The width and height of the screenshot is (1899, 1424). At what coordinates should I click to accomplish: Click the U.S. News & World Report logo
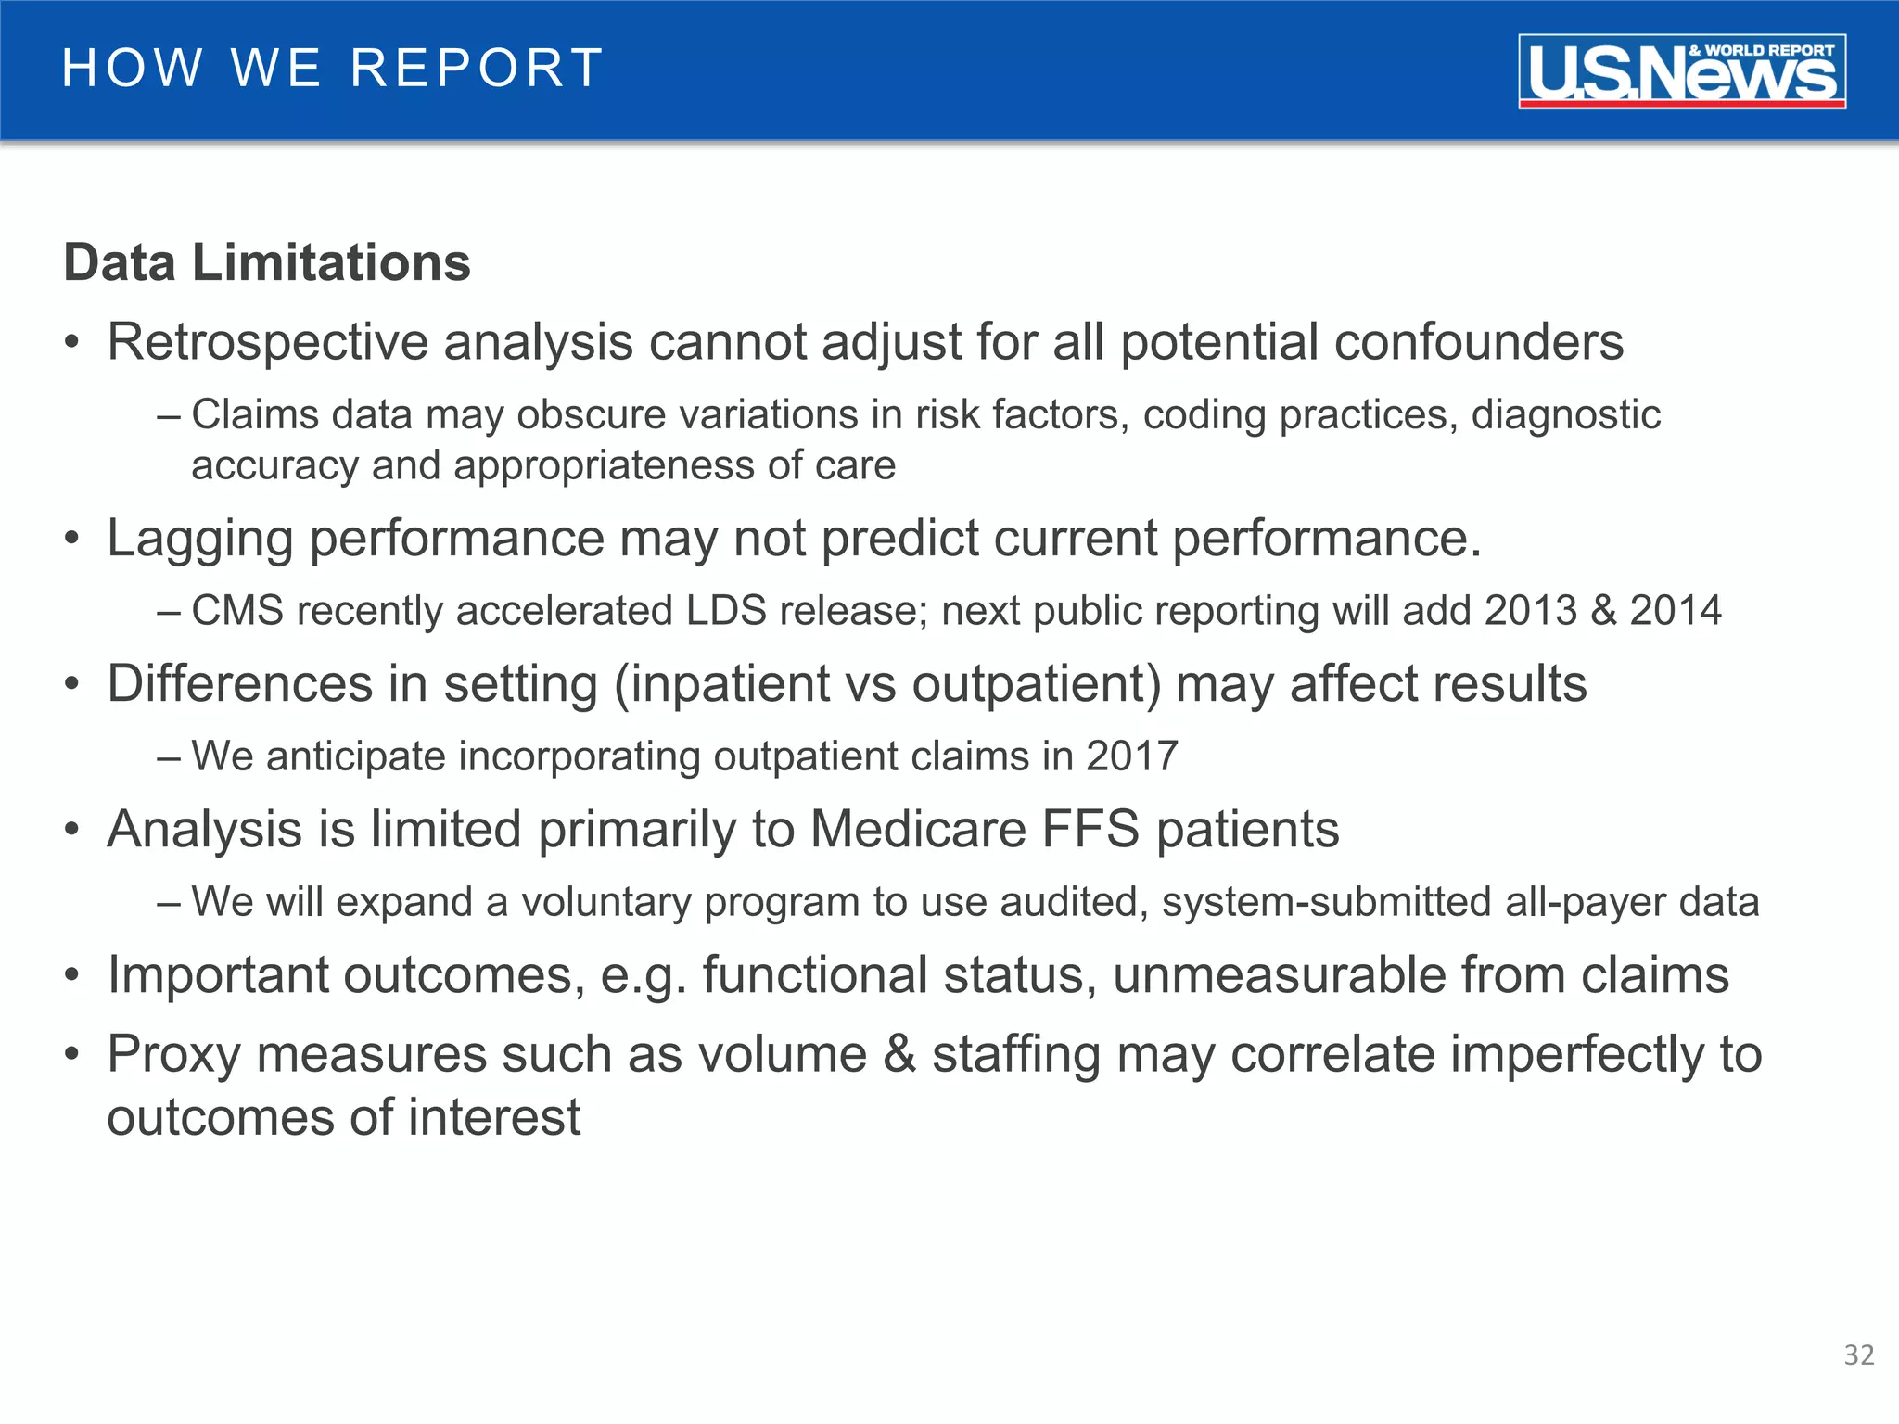1681,71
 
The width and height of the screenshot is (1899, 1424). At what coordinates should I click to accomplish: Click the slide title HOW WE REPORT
333,69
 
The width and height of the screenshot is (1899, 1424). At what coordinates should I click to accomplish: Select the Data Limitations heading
267,262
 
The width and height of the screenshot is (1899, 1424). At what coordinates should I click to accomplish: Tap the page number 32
1858,1355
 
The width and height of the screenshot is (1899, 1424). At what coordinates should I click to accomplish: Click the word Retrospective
267,342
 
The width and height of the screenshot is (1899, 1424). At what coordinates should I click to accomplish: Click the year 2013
1530,611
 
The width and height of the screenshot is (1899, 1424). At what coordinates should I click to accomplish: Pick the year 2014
1675,611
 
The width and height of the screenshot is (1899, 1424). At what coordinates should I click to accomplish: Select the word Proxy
173,1054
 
